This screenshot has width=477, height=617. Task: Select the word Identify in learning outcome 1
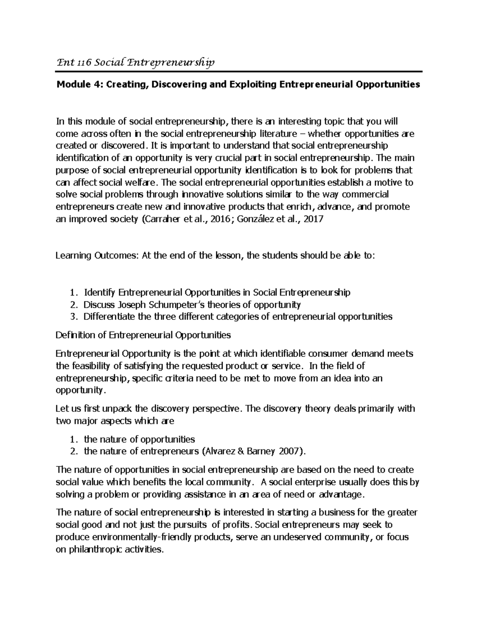(99, 293)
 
